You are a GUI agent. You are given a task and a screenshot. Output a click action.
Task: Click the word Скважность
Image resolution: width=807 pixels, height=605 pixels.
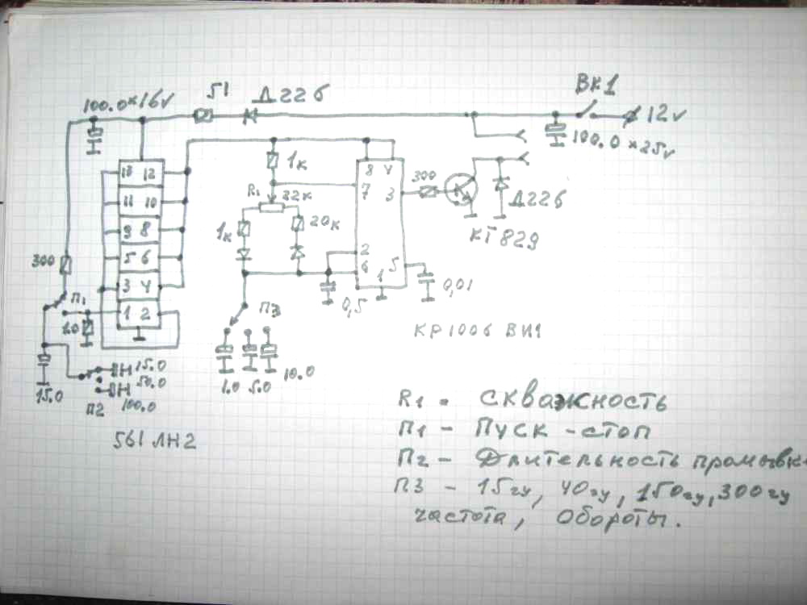point(584,401)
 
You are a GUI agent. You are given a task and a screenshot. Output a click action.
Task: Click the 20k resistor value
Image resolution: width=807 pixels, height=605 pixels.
point(320,223)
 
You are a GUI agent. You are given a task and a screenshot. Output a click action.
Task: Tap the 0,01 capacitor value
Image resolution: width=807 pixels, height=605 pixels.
point(458,284)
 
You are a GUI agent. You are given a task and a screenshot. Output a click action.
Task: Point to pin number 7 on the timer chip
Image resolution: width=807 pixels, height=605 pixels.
point(367,191)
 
